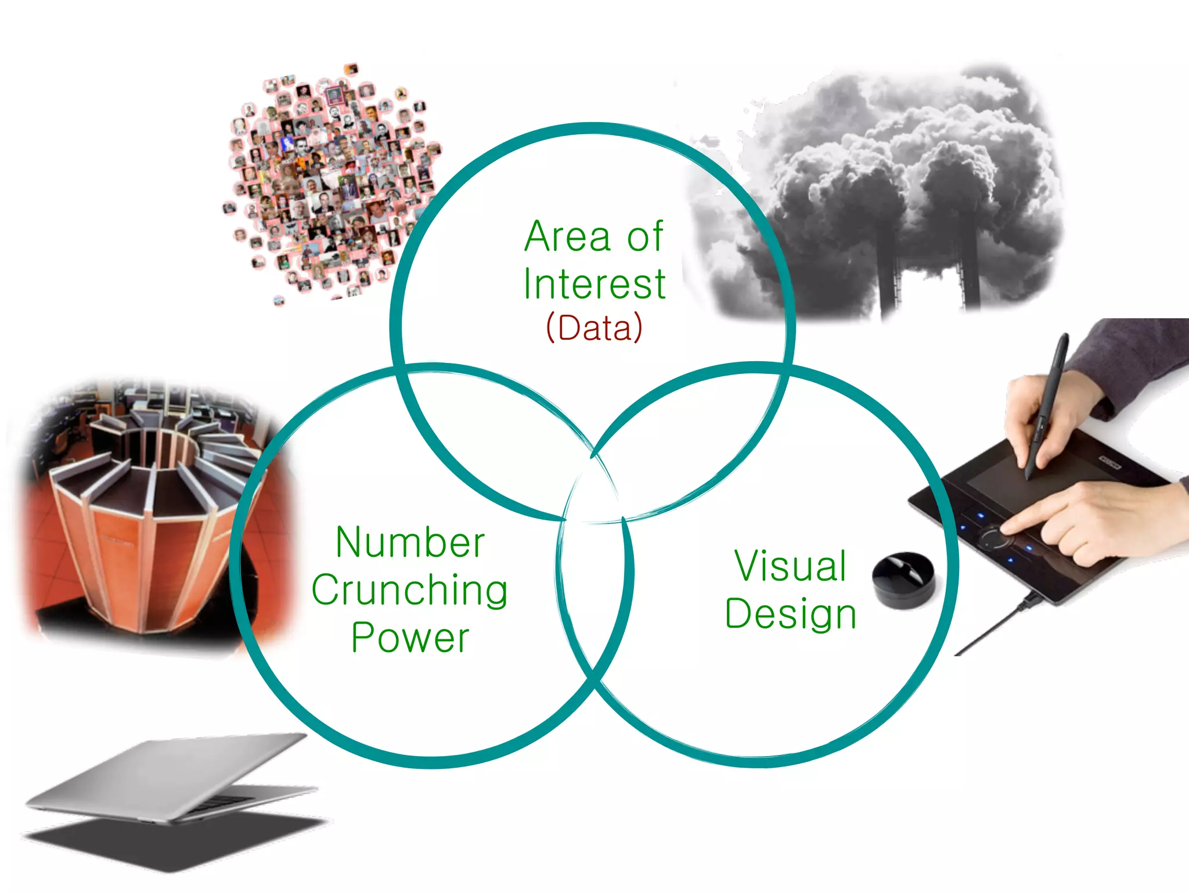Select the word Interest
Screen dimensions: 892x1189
tap(594, 285)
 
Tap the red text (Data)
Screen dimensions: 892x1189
tap(594, 328)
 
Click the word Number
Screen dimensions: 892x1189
tap(410, 543)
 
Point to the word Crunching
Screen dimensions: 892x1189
tap(409, 591)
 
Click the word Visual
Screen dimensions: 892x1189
tap(790, 566)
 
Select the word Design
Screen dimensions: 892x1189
tap(790, 614)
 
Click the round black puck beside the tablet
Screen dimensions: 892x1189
tap(903, 580)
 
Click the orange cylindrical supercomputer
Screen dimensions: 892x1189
tap(145, 523)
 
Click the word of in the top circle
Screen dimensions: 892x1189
tap(644, 237)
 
